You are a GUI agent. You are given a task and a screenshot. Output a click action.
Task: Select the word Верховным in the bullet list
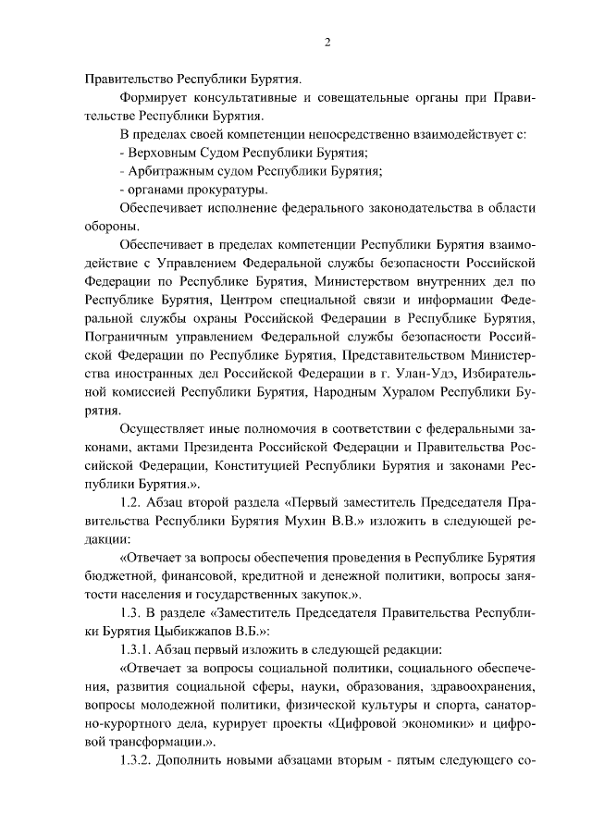pos(167,152)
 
